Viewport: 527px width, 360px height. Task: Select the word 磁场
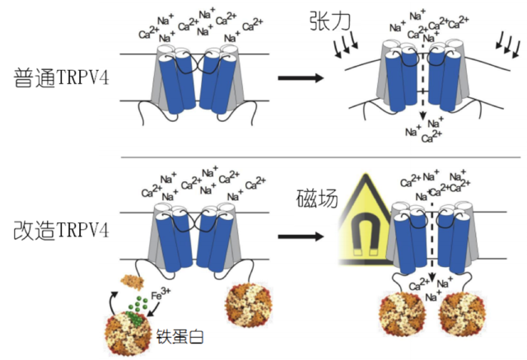pyautogui.click(x=316, y=199)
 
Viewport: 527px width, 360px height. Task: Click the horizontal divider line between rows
pyautogui.click(x=321, y=157)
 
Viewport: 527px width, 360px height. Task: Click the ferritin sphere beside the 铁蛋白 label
pyautogui.click(x=126, y=334)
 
